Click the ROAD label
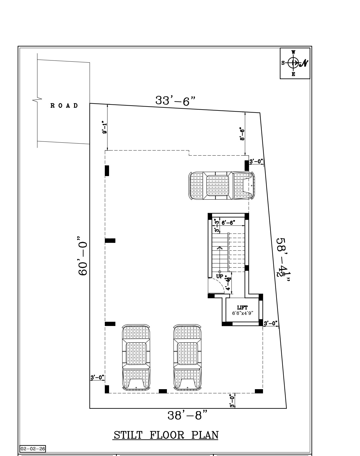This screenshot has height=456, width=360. pos(64,106)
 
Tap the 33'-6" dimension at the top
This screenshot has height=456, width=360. pos(175,100)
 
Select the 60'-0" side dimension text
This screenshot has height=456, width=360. pos(83,256)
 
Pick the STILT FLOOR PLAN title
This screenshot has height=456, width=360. pos(166,435)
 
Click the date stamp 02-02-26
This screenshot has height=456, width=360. pos(33,449)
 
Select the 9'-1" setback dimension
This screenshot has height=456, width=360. pos(104,127)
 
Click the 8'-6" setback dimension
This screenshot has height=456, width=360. pos(242,134)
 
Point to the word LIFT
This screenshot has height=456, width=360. pos(242,307)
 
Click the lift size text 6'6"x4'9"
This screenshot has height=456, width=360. pos(243,313)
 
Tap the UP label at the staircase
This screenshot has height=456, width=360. pos(220,276)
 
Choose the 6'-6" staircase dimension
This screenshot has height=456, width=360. pos(228,223)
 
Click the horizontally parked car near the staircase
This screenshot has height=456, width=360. pos(222,186)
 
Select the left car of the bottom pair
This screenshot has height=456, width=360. pos(136,357)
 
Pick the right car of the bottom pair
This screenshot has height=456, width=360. pos(187,357)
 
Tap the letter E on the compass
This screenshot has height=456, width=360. pos(293,74)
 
